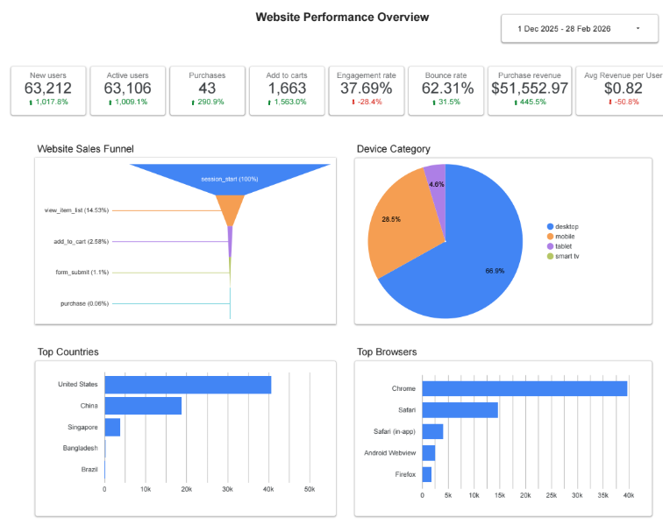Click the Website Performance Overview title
[x=342, y=17]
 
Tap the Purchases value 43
[x=207, y=89]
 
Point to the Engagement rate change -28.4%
[x=367, y=102]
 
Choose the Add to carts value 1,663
[x=287, y=89]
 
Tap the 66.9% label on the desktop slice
[x=495, y=271]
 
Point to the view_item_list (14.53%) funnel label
[x=76, y=210]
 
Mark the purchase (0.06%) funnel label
[x=85, y=303]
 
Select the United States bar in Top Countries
[x=188, y=385]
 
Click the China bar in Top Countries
[x=143, y=406]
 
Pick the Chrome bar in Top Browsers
[x=524, y=388]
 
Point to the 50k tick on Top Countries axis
[x=310, y=488]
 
